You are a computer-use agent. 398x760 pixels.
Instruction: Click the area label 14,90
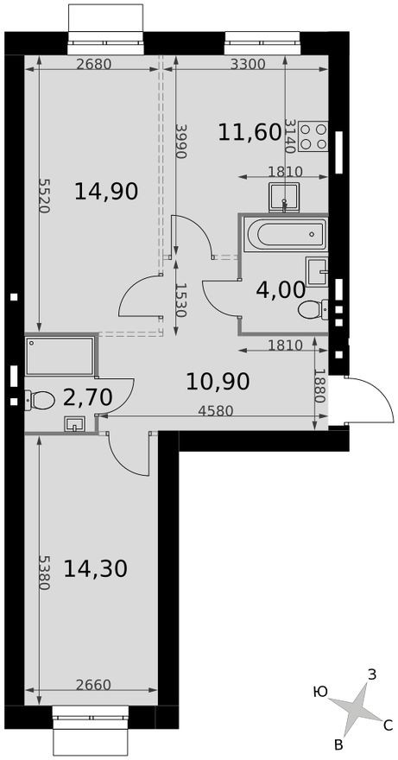click(107, 191)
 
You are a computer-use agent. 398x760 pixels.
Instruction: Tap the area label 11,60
click(250, 132)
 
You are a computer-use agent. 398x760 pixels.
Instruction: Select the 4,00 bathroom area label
click(281, 289)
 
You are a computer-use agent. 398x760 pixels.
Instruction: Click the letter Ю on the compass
click(320, 691)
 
